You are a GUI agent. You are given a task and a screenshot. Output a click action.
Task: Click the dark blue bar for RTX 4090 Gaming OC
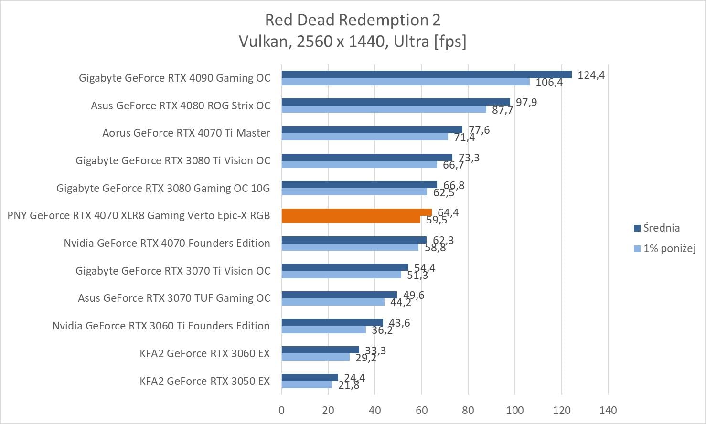coord(426,74)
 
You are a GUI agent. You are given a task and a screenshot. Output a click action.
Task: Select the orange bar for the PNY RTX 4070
coord(356,215)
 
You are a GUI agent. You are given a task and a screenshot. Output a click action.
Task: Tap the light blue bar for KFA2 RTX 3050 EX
coord(306,384)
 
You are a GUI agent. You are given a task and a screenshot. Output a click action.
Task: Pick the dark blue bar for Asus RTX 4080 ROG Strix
coord(396,102)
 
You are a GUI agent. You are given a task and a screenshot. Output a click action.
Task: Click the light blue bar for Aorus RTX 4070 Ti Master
coord(364,137)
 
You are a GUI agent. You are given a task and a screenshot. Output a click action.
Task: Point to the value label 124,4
coord(591,75)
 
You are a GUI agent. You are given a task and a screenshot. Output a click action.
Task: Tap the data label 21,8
coord(349,385)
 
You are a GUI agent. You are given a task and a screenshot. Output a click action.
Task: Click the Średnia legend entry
coord(661,228)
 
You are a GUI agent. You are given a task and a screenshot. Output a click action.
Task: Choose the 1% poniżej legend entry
coord(669,248)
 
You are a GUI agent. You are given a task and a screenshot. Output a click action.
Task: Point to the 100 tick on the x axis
coord(515,410)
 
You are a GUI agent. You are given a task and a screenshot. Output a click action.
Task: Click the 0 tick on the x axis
coord(281,410)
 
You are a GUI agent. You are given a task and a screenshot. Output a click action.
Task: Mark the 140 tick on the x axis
coord(608,410)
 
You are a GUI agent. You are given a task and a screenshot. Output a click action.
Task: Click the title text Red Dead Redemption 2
coord(353,20)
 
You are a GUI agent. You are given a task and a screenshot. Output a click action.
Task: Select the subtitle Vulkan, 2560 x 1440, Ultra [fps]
coord(353,42)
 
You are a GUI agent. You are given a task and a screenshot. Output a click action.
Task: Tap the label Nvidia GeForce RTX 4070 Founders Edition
coord(167,243)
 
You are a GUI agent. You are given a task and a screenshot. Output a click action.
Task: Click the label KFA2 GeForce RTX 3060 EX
coord(204,353)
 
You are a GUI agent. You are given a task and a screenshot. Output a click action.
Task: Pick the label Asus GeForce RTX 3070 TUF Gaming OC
coord(174,298)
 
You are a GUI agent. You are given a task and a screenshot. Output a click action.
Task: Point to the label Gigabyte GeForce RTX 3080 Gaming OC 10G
coord(163,188)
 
